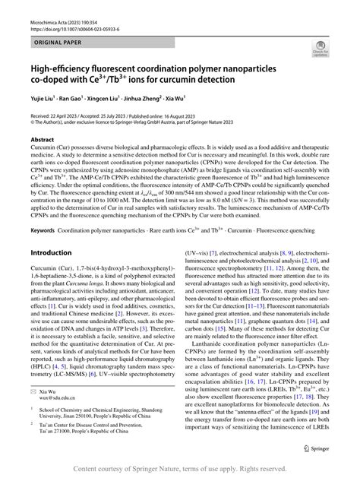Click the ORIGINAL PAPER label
[x=58, y=44]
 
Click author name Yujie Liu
[x=42, y=100]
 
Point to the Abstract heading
[x=43, y=141]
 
